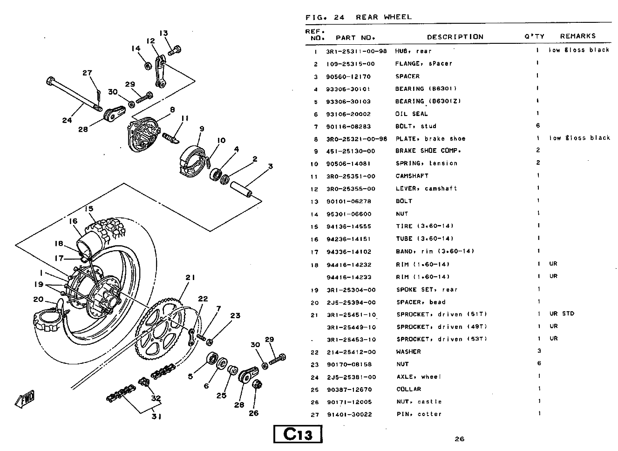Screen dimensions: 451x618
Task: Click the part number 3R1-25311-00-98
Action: tap(356, 51)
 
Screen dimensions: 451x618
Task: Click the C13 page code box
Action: tap(298, 434)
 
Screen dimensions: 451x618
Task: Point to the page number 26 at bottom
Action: tap(460, 438)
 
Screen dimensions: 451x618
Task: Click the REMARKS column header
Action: tap(577, 36)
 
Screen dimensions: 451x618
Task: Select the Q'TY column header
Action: tap(534, 36)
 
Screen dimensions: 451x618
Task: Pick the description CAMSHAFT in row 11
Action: tap(412, 176)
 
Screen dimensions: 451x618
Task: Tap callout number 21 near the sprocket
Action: tap(190, 278)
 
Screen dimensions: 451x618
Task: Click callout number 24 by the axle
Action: tap(67, 120)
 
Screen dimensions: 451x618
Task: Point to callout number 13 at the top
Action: tap(163, 33)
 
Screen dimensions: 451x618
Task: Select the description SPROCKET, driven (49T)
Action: tap(441, 327)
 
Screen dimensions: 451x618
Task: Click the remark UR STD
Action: tap(562, 314)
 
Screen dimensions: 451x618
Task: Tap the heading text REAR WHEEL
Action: tap(384, 17)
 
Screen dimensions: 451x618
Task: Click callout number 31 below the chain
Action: tap(156, 417)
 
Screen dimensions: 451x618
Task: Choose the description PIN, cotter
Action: tap(419, 414)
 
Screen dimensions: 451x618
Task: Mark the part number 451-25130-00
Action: tap(351, 151)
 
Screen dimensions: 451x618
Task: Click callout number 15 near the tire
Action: tap(89, 209)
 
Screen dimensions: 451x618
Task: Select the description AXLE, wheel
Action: tap(419, 377)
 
